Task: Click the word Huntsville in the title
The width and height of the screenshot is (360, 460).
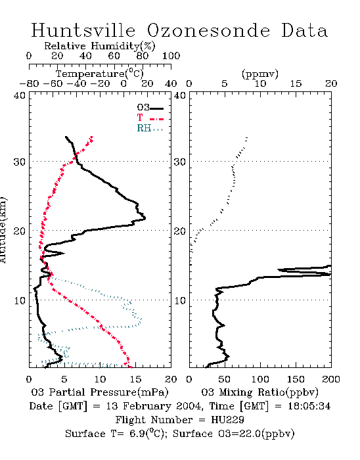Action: [83, 30]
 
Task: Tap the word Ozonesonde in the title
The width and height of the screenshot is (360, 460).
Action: [208, 30]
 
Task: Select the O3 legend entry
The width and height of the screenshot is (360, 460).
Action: [150, 108]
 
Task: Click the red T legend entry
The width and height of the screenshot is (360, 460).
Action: [150, 118]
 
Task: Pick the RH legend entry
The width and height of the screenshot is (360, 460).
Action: [150, 128]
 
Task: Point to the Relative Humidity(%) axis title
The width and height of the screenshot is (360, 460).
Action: [100, 46]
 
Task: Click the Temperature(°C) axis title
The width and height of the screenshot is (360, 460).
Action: [100, 74]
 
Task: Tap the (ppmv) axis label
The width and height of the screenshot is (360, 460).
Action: [260, 74]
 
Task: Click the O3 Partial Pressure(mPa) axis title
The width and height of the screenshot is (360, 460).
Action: [100, 392]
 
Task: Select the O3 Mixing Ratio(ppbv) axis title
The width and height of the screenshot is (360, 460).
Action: [259, 392]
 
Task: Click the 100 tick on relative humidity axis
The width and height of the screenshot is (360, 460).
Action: [171, 56]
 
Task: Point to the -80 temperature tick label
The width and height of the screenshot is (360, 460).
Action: [29, 84]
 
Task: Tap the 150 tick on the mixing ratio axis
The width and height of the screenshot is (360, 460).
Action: [296, 379]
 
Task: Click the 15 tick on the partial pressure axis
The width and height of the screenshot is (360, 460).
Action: [135, 379]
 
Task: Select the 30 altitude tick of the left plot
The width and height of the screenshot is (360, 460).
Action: [19, 162]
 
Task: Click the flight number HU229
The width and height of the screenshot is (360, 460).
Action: [227, 420]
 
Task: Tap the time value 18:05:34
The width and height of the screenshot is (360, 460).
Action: [309, 406]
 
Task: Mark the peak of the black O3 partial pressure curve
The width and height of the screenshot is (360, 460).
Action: [145, 218]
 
